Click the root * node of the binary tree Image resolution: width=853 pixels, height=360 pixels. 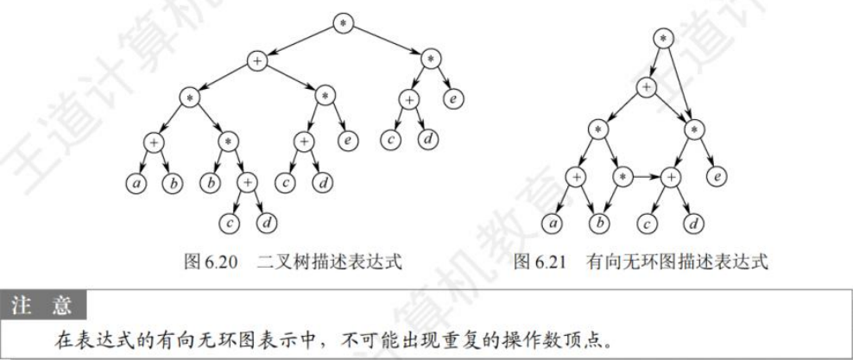(344, 22)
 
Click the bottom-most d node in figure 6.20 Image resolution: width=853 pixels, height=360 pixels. (268, 221)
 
